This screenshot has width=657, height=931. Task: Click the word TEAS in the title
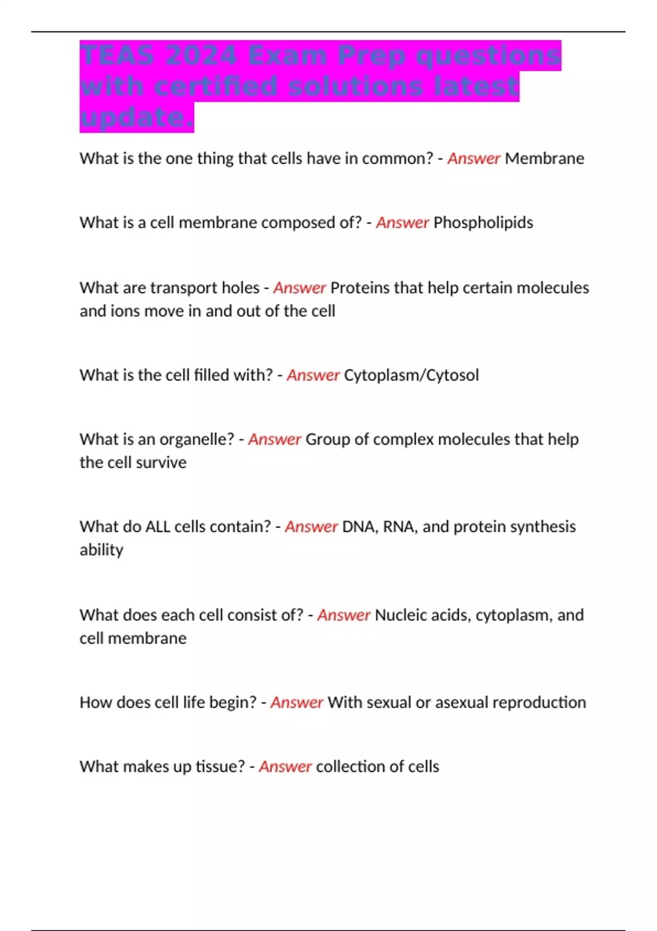pyautogui.click(x=116, y=55)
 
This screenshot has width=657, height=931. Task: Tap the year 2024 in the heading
pyautogui.click(x=201, y=55)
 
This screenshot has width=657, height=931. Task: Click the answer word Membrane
pyautogui.click(x=544, y=158)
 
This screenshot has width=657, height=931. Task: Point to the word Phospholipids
pyautogui.click(x=483, y=222)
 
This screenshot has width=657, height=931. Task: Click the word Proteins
pyautogui.click(x=360, y=288)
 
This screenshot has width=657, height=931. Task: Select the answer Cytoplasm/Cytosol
pyautogui.click(x=411, y=375)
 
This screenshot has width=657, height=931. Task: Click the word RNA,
pyautogui.click(x=400, y=527)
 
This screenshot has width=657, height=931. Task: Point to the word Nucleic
pyautogui.click(x=400, y=615)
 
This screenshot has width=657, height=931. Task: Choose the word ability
pyautogui.click(x=101, y=550)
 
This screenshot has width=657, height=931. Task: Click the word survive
pyautogui.click(x=161, y=463)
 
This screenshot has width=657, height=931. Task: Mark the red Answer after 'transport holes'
pyautogui.click(x=299, y=288)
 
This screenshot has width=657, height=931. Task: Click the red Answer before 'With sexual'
pyautogui.click(x=297, y=702)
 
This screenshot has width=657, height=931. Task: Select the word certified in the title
pyautogui.click(x=215, y=87)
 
